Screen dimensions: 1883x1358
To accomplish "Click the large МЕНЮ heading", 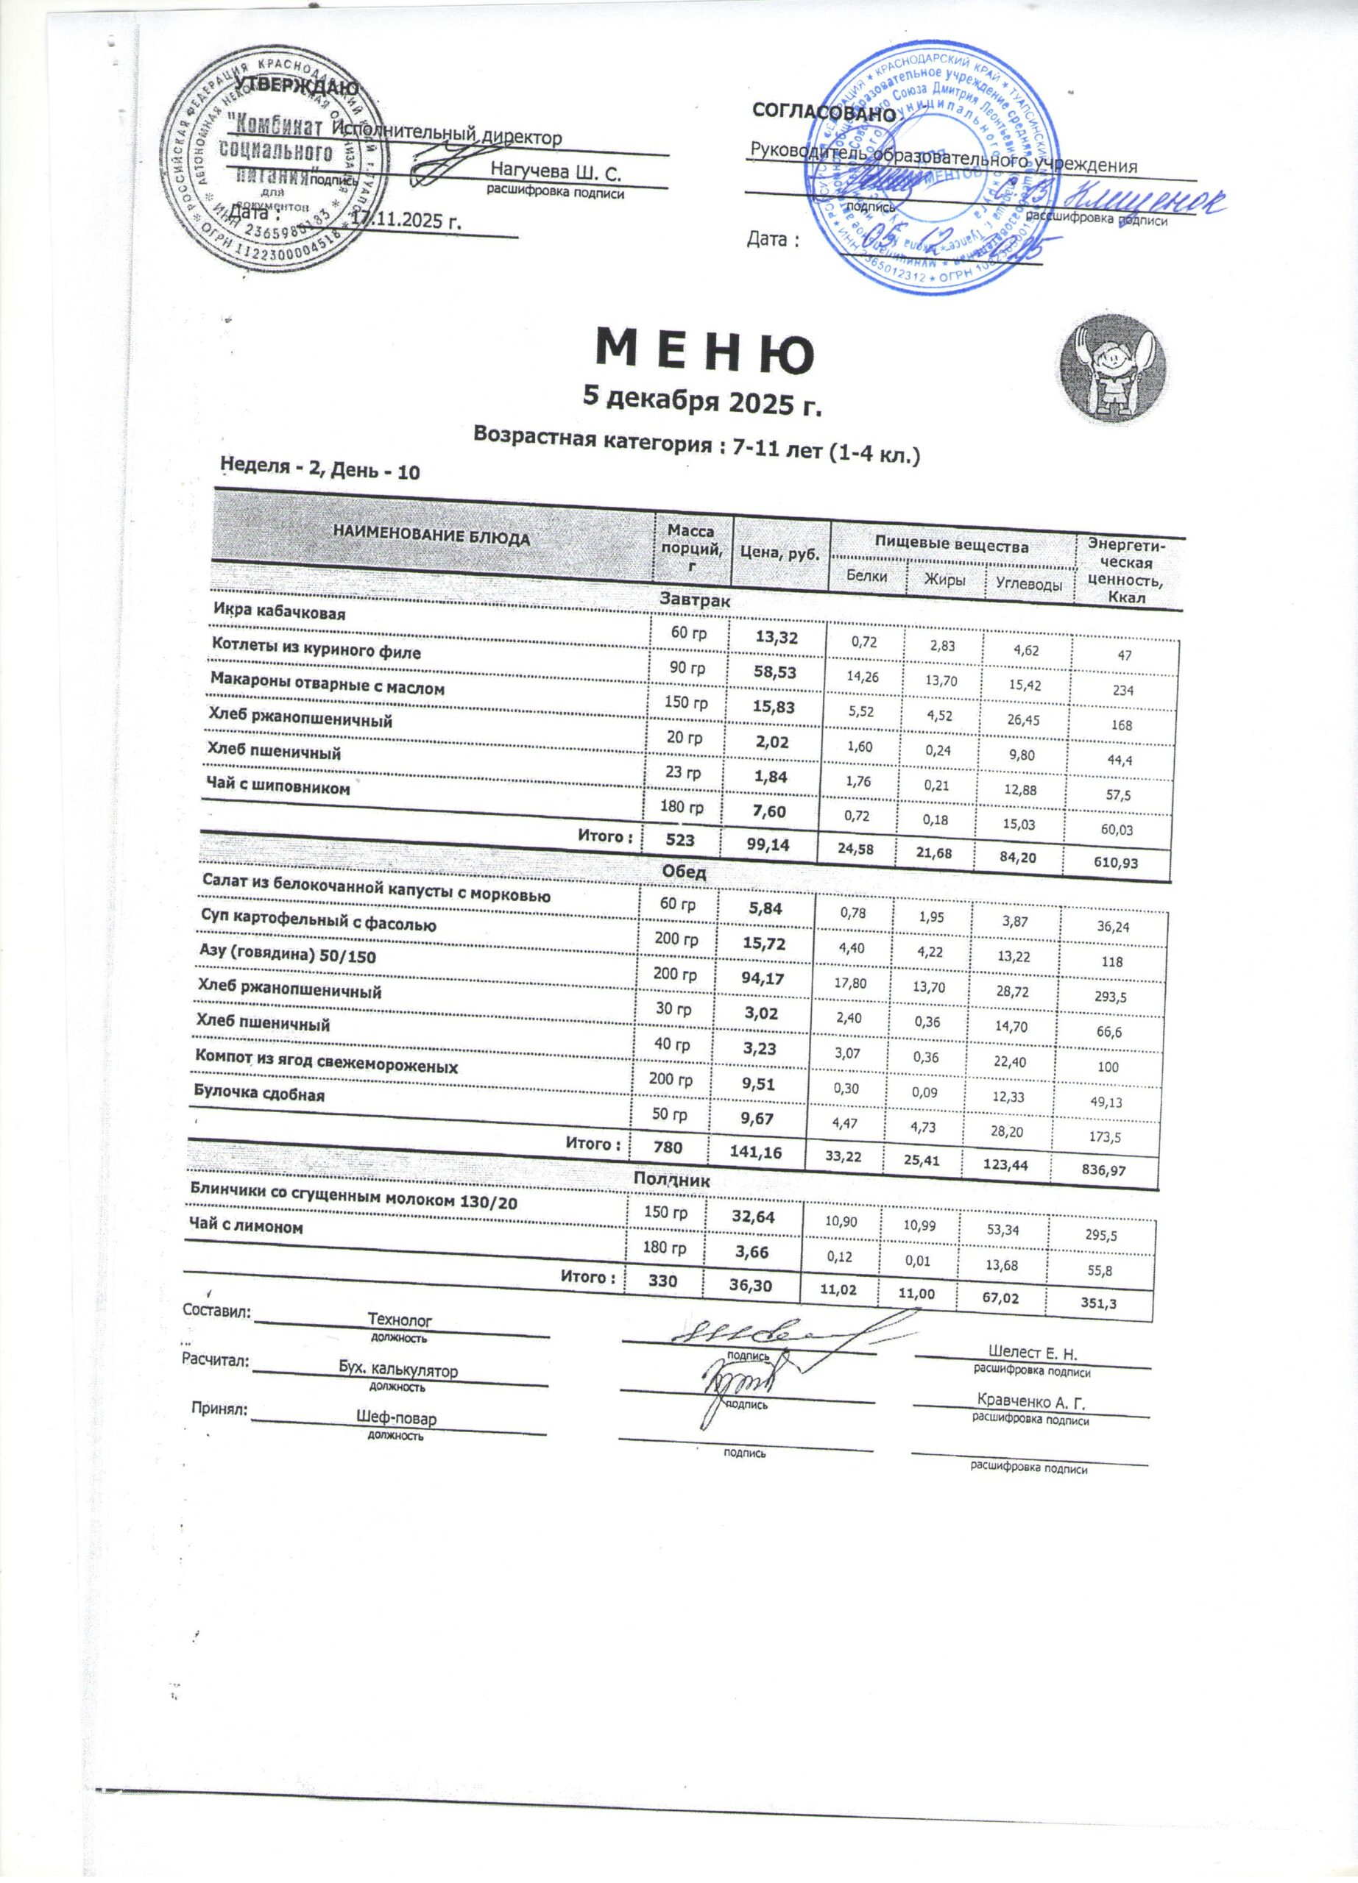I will pos(705,352).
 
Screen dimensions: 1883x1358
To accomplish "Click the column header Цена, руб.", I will pos(781,553).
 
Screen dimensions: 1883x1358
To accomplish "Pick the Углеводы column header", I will pos(1028,585).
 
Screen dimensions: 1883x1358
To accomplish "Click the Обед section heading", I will pos(684,872).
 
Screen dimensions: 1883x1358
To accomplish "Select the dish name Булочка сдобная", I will pos(259,1094).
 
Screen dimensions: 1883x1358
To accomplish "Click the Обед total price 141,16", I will pos(745,1150).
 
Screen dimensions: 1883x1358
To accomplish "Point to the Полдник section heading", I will pos(671,1179).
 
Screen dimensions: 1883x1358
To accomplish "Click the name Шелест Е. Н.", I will pos(1033,1353).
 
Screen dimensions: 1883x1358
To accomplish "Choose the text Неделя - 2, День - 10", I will pos(321,471).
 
